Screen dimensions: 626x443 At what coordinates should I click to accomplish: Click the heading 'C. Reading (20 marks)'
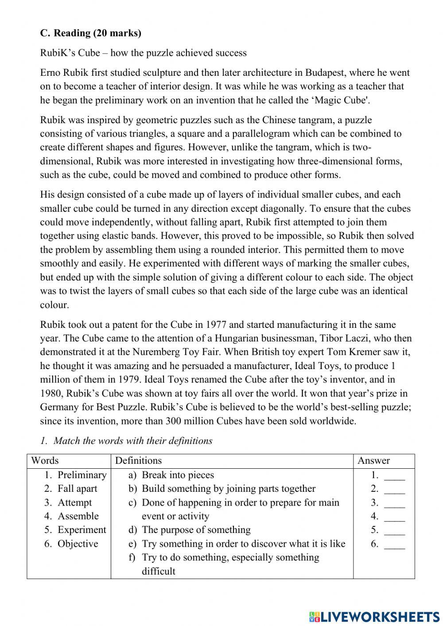[x=90, y=33]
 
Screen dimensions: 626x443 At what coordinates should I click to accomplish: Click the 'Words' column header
[x=45, y=461]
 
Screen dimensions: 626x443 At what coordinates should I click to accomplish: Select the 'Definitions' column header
[x=138, y=461]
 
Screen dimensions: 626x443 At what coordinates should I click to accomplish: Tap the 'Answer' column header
[x=373, y=461]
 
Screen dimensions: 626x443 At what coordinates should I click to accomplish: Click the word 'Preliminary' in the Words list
[x=82, y=475]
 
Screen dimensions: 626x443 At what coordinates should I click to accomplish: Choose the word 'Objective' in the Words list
[x=78, y=544]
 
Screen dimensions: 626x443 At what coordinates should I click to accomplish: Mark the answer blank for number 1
[x=394, y=476]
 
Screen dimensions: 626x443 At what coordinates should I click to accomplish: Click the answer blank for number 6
[x=394, y=545]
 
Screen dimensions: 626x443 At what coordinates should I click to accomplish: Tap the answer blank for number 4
[x=394, y=517]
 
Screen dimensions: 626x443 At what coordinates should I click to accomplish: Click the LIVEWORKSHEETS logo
[x=374, y=616]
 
